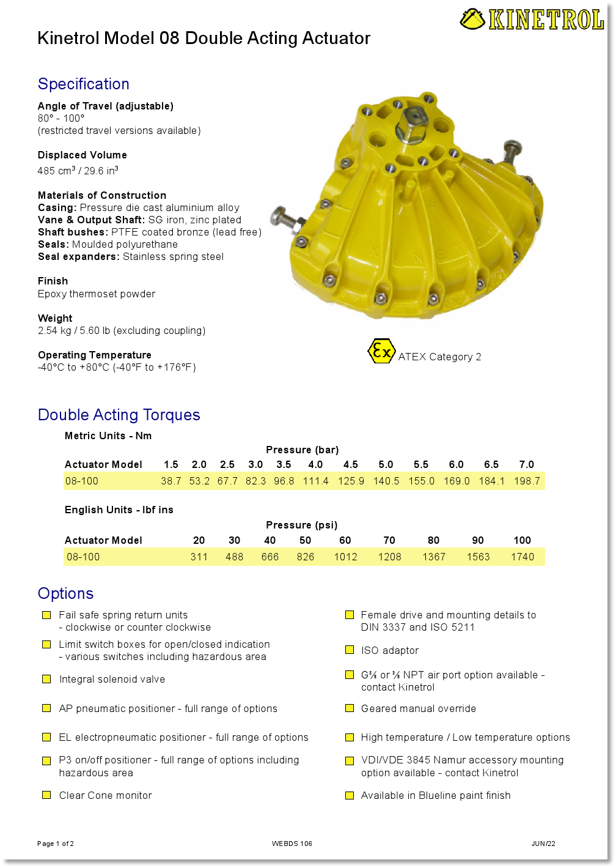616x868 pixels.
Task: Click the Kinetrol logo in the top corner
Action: [x=532, y=20]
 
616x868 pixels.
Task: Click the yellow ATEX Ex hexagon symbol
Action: [x=381, y=351]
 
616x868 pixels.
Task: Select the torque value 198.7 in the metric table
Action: [x=527, y=481]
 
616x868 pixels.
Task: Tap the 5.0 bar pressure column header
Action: [x=386, y=464]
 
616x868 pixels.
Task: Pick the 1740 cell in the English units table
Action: [x=522, y=557]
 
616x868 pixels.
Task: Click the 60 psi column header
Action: [x=345, y=540]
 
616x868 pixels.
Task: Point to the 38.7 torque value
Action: [x=171, y=481]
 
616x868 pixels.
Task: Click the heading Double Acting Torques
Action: [x=119, y=415]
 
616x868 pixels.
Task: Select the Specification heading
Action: [x=84, y=84]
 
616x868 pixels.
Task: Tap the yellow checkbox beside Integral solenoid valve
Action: [x=46, y=679]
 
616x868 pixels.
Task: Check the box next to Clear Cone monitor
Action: [x=46, y=795]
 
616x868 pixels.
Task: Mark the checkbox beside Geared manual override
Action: [x=350, y=708]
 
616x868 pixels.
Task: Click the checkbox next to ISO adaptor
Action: [x=350, y=650]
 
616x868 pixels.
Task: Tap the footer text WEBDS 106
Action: [x=292, y=844]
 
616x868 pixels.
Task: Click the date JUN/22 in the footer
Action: [x=543, y=844]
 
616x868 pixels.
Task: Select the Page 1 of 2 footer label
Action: [x=56, y=844]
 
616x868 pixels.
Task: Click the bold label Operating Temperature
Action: [x=95, y=355]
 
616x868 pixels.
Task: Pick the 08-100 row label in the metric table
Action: [x=82, y=481]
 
